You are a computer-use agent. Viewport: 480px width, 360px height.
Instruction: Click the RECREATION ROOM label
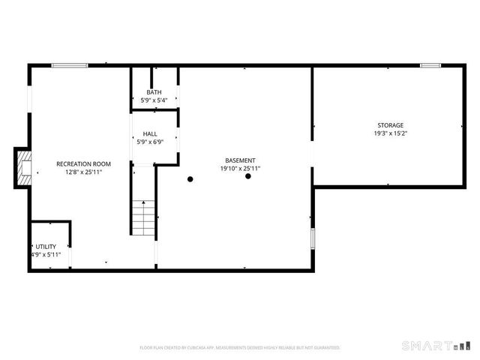click(83, 163)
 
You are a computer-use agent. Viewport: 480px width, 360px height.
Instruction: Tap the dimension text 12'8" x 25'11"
click(83, 172)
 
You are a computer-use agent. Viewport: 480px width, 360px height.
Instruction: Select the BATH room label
click(154, 92)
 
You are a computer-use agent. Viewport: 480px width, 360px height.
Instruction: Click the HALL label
click(150, 134)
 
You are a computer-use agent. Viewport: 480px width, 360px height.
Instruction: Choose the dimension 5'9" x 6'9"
click(150, 142)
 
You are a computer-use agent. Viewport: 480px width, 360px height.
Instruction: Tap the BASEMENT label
click(240, 160)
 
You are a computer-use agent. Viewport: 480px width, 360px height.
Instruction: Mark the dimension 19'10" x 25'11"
click(240, 169)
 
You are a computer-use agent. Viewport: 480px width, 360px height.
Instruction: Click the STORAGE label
click(390, 125)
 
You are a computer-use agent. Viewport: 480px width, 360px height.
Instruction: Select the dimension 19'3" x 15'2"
click(390, 133)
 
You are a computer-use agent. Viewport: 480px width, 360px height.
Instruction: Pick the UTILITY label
click(45, 246)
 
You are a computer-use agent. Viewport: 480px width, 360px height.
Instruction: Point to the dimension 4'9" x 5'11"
click(45, 254)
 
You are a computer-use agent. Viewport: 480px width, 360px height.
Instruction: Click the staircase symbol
click(142, 217)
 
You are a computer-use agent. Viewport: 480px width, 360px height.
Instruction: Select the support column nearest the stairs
click(190, 178)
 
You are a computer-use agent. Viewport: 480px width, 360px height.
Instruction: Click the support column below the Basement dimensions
click(247, 176)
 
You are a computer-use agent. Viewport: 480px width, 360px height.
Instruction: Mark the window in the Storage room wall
click(430, 66)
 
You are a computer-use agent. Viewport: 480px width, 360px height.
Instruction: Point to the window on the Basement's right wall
click(313, 238)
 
